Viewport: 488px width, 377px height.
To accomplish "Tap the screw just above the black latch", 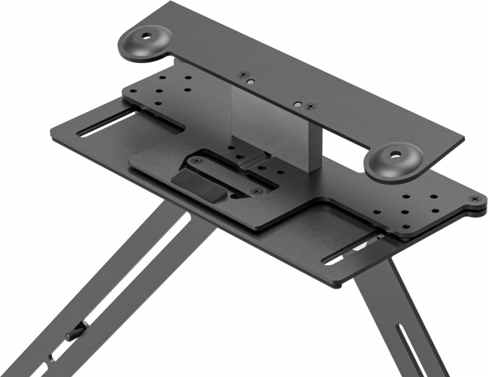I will click(197, 160).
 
